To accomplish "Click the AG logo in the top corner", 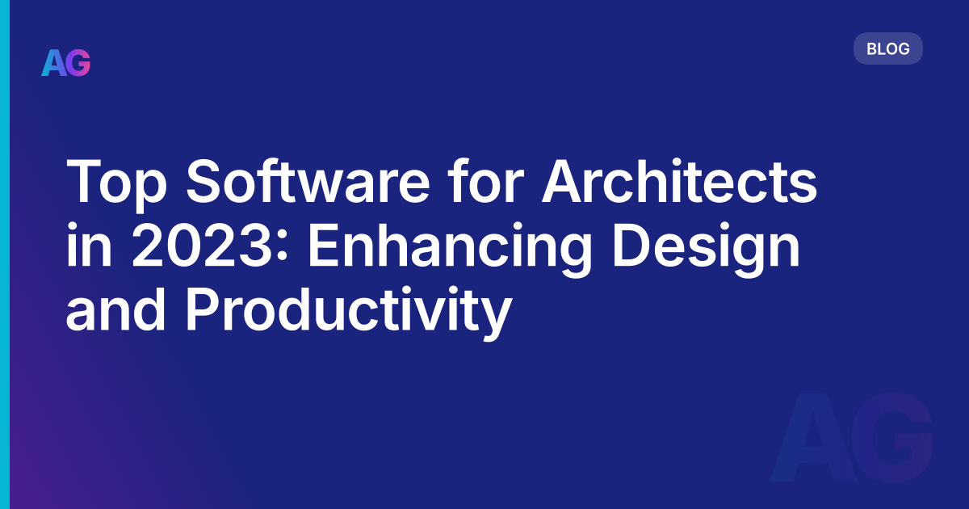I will click(66, 62).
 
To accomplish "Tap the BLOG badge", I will click(887, 48).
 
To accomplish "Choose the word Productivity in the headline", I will click(348, 313).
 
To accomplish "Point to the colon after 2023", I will click(283, 250).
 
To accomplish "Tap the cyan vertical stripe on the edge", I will click(4, 254).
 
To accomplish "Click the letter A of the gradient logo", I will click(53, 62).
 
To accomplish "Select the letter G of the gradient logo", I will click(78, 62).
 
